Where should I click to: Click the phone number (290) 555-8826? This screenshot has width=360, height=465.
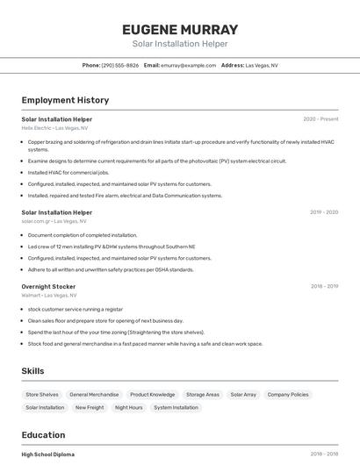point(120,65)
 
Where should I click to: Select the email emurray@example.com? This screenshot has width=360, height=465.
point(189,65)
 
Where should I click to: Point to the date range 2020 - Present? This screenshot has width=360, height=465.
point(320,119)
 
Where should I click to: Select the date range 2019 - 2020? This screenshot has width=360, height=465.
point(323,212)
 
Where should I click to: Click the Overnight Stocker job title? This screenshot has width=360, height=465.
point(48,286)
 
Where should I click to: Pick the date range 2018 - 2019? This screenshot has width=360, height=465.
point(323,286)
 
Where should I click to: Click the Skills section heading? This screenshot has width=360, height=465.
point(32,371)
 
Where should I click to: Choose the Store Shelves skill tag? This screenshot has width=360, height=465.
point(42,395)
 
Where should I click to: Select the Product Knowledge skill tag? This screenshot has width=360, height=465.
point(152,395)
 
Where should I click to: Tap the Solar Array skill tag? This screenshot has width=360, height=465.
point(243,395)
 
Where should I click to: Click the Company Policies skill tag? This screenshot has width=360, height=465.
point(288,395)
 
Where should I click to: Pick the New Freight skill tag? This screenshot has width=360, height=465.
point(90,407)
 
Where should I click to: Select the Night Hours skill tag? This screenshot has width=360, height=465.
point(128,407)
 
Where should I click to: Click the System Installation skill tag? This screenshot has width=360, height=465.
point(176,407)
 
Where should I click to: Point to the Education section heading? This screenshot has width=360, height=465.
point(43,435)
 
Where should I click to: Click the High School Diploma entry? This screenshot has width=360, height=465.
point(48,454)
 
